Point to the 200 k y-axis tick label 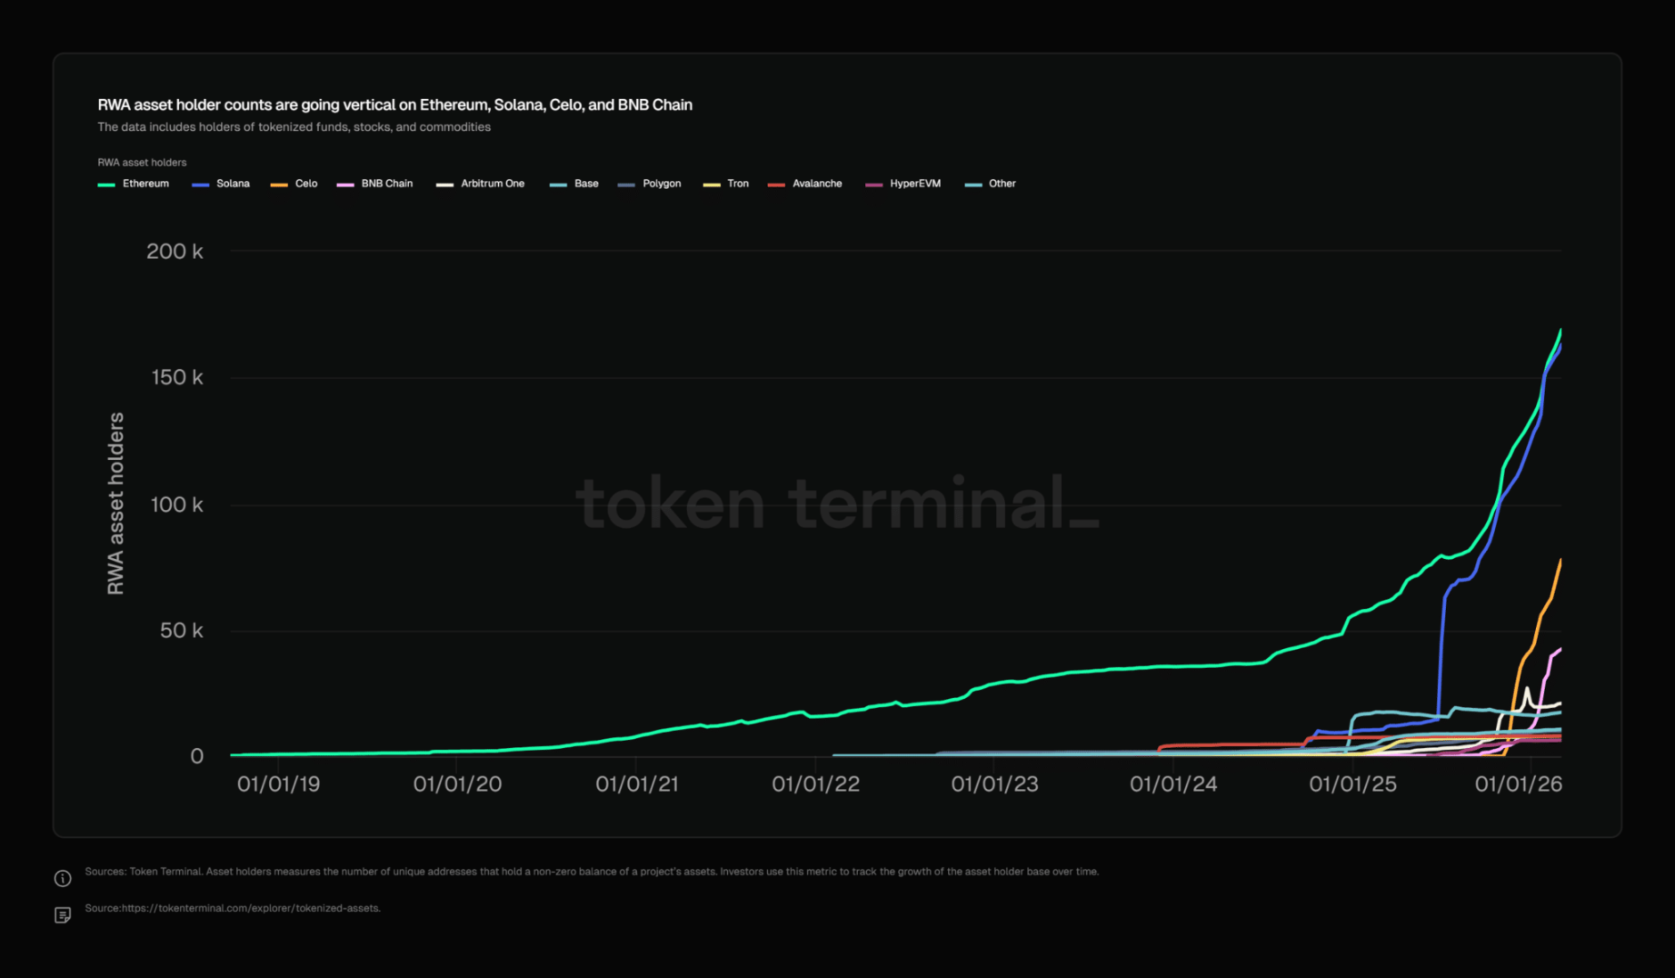174,252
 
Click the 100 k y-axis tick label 176,504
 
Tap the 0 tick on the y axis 196,756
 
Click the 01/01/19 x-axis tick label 278,784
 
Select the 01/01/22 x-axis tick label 815,784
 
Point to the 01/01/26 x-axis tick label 1518,784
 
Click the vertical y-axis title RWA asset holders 115,504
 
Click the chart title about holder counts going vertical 394,105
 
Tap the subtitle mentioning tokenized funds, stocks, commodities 294,127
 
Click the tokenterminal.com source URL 250,908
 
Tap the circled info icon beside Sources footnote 63,878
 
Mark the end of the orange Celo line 1560,561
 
